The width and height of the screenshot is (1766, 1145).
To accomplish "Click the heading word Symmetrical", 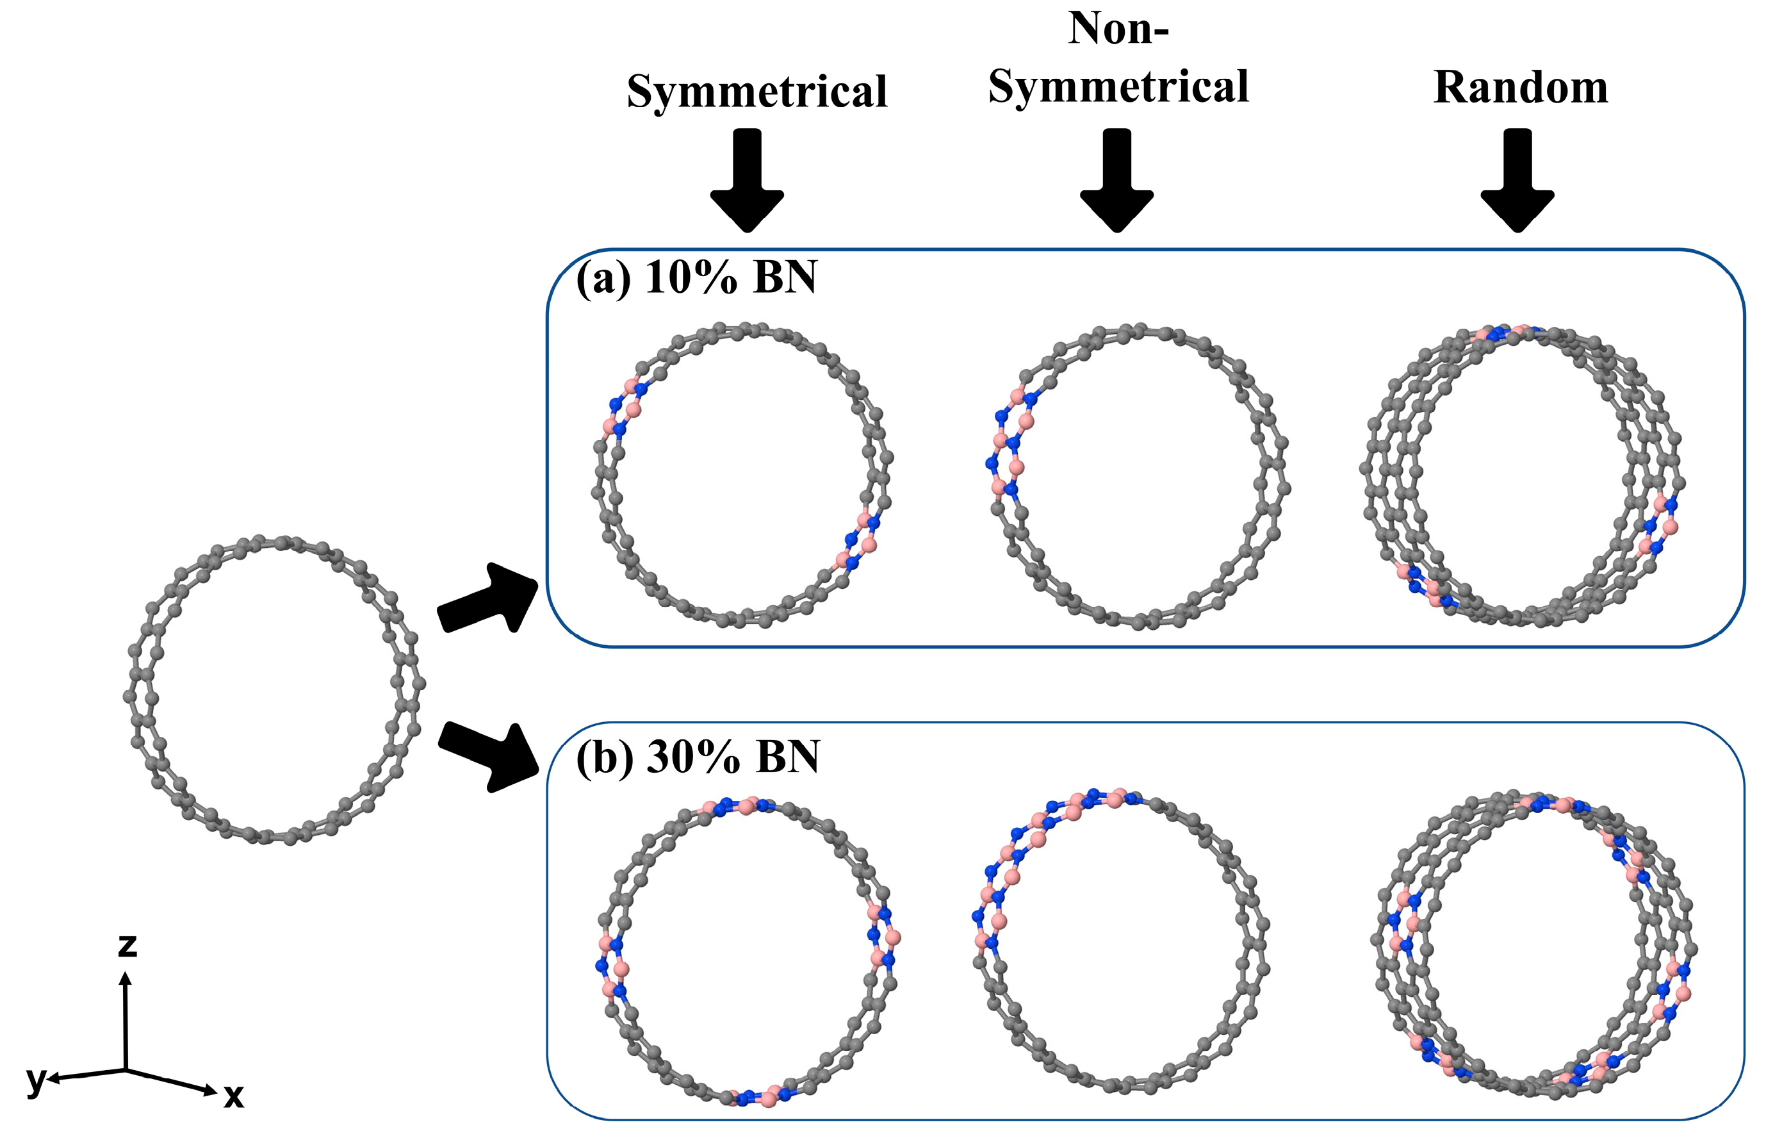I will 757,92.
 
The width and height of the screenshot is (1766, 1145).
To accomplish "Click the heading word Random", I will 1521,88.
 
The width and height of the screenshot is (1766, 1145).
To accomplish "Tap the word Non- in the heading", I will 1118,29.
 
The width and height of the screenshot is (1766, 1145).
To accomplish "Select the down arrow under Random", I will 1517,180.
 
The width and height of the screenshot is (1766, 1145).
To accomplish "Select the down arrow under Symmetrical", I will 748,180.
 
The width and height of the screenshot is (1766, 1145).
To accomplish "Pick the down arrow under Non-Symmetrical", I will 1116,180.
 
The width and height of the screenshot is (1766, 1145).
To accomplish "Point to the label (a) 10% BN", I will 696,278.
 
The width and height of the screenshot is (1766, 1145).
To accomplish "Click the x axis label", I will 234,1095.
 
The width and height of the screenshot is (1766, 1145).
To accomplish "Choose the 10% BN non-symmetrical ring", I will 1139,475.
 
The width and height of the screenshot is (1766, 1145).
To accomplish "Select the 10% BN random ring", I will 1521,475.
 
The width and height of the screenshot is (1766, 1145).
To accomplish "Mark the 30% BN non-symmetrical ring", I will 1120,943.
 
